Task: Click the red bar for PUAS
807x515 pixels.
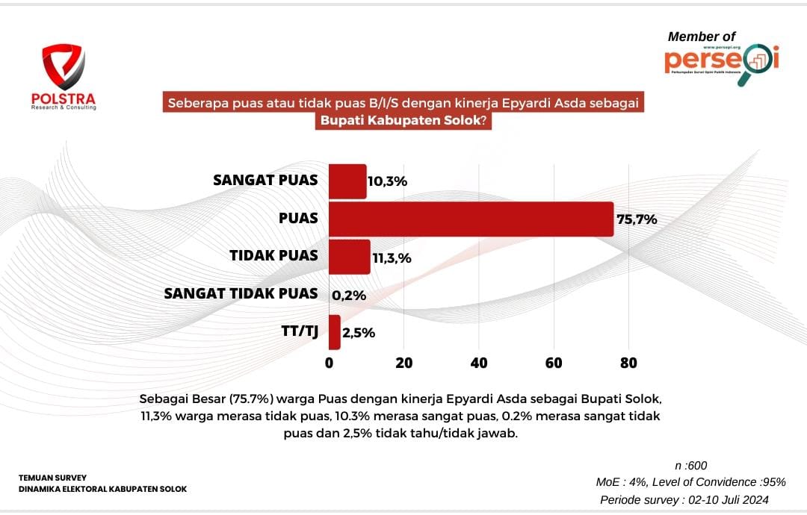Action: coord(471,219)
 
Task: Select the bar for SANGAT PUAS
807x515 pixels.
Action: coord(347,181)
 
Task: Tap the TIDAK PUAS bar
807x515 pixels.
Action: coord(349,257)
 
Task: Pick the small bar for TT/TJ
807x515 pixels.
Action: coord(334,332)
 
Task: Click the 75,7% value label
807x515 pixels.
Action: coord(637,219)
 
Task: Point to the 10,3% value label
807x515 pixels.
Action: coord(387,181)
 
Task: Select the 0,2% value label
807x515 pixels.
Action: coord(349,296)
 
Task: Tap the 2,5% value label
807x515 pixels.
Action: coord(359,333)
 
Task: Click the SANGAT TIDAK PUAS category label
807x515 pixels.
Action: coord(241,293)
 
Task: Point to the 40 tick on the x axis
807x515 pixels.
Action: coord(479,363)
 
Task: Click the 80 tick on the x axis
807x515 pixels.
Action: coord(628,363)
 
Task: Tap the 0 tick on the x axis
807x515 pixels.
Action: coord(330,363)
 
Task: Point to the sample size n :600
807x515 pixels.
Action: coord(690,466)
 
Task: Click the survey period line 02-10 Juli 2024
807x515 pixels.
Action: coord(684,499)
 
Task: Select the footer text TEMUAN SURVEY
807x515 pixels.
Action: coord(53,477)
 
